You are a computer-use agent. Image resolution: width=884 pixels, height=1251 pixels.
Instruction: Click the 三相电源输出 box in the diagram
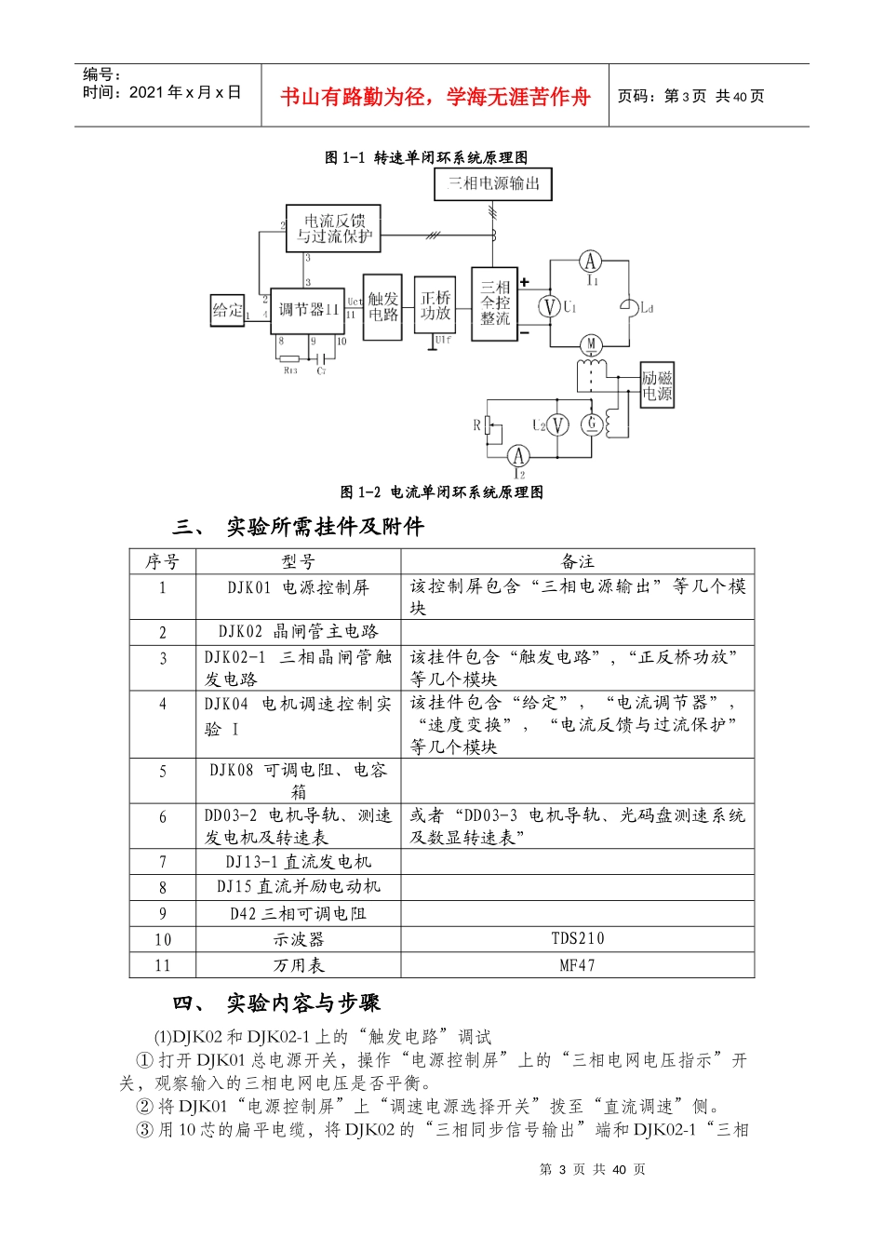click(x=493, y=183)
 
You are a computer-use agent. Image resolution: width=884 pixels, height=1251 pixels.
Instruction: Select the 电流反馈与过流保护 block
click(x=333, y=229)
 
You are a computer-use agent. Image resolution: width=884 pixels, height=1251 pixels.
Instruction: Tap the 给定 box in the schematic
click(x=228, y=310)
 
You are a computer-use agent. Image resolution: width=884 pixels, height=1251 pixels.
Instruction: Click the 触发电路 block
click(x=382, y=307)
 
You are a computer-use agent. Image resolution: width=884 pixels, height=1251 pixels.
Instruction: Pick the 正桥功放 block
click(x=435, y=305)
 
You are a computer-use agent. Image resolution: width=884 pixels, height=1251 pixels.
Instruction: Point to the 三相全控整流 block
click(x=495, y=303)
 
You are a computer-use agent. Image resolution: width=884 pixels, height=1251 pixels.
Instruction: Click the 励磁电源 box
click(x=657, y=385)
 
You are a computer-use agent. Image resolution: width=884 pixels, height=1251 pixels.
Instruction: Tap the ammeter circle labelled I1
click(x=590, y=262)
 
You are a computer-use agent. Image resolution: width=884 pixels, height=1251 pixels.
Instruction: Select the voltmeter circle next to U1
click(x=550, y=306)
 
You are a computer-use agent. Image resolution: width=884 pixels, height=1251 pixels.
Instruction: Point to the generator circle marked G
click(x=591, y=424)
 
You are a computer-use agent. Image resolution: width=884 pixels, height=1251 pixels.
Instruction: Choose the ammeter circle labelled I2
click(x=518, y=456)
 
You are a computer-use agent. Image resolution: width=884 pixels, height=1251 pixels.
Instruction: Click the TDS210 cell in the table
click(x=577, y=938)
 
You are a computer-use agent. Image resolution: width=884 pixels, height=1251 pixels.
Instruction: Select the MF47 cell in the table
click(x=577, y=965)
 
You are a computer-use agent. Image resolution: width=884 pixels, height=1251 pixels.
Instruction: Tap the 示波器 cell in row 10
click(x=298, y=939)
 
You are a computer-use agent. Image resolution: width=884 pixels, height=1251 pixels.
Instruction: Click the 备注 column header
click(x=577, y=561)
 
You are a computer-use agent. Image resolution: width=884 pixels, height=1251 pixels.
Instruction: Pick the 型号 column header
click(x=298, y=561)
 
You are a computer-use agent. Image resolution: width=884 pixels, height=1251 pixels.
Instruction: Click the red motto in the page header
click(x=435, y=97)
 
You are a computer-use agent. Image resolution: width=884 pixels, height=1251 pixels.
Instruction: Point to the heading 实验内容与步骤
click(x=303, y=1003)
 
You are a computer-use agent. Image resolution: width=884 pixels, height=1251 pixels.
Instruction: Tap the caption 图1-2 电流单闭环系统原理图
click(x=441, y=492)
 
